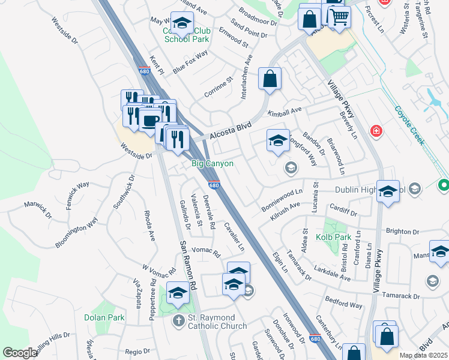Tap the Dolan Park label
109,317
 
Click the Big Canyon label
212,164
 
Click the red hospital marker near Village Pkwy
376,131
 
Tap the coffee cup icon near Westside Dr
149,120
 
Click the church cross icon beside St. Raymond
178,321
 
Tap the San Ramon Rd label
187,266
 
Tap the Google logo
19,353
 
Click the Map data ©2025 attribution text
423,355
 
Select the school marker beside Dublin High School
388,192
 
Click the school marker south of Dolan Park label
178,293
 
